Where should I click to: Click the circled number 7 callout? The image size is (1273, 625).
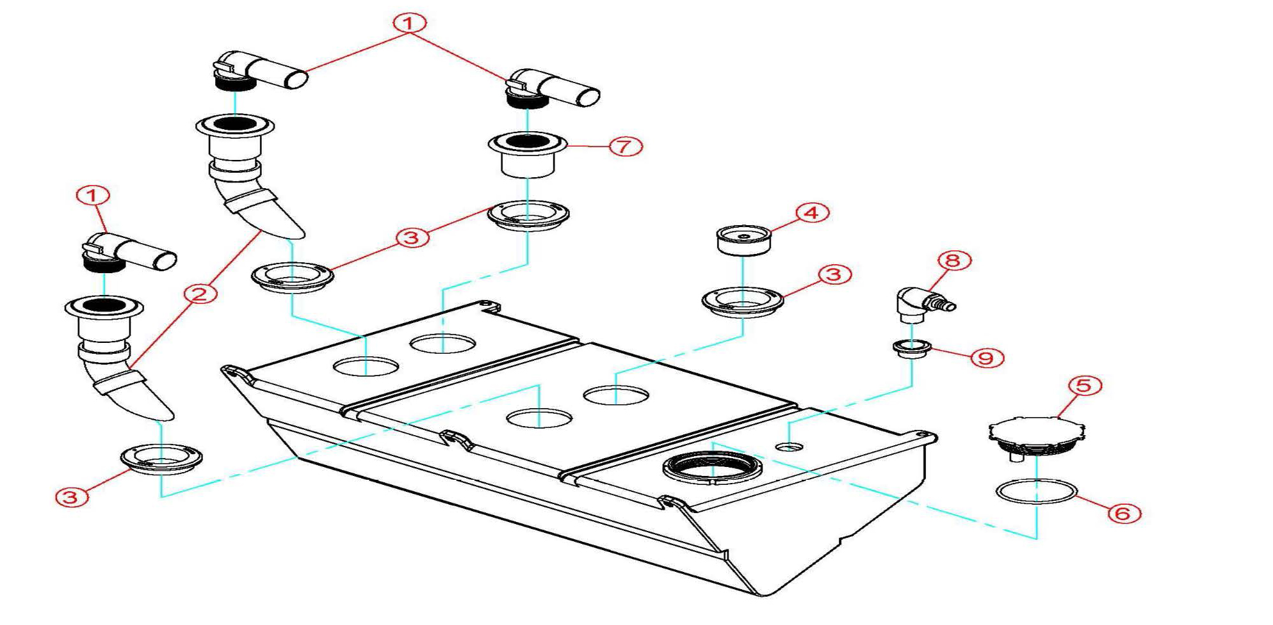coord(625,146)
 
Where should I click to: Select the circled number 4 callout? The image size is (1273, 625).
coord(812,213)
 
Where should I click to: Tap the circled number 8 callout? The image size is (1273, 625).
coord(954,260)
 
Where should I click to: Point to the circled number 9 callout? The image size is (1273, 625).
coord(986,358)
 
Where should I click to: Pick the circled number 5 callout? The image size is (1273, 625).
coord(1085,386)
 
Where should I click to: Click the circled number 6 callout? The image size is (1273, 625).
coord(1124,513)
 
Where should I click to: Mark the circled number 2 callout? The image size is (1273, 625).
coord(200,294)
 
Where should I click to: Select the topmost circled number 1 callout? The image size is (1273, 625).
coord(409,23)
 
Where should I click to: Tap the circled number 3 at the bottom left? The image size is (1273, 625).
coord(72,497)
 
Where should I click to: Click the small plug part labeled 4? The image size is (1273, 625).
coord(743,239)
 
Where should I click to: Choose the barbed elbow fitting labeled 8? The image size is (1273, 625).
coord(924,305)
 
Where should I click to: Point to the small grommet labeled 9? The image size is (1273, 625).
coord(912,349)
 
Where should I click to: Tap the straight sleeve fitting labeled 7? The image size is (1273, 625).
coord(528,154)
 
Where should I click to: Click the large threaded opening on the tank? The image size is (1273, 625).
coord(712,467)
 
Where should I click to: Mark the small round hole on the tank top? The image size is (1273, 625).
coord(789,446)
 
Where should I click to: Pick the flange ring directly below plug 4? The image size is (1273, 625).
coord(743,302)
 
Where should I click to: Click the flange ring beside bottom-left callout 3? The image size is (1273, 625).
coord(161,459)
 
